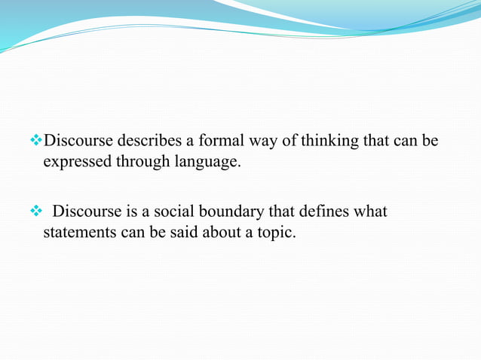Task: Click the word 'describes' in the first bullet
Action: pos(147,141)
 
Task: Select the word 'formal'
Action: pos(219,141)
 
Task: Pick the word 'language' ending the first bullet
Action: pos(207,161)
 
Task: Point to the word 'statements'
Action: pos(79,232)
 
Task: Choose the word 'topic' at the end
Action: pos(277,232)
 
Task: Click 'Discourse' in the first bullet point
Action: pos(78,141)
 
